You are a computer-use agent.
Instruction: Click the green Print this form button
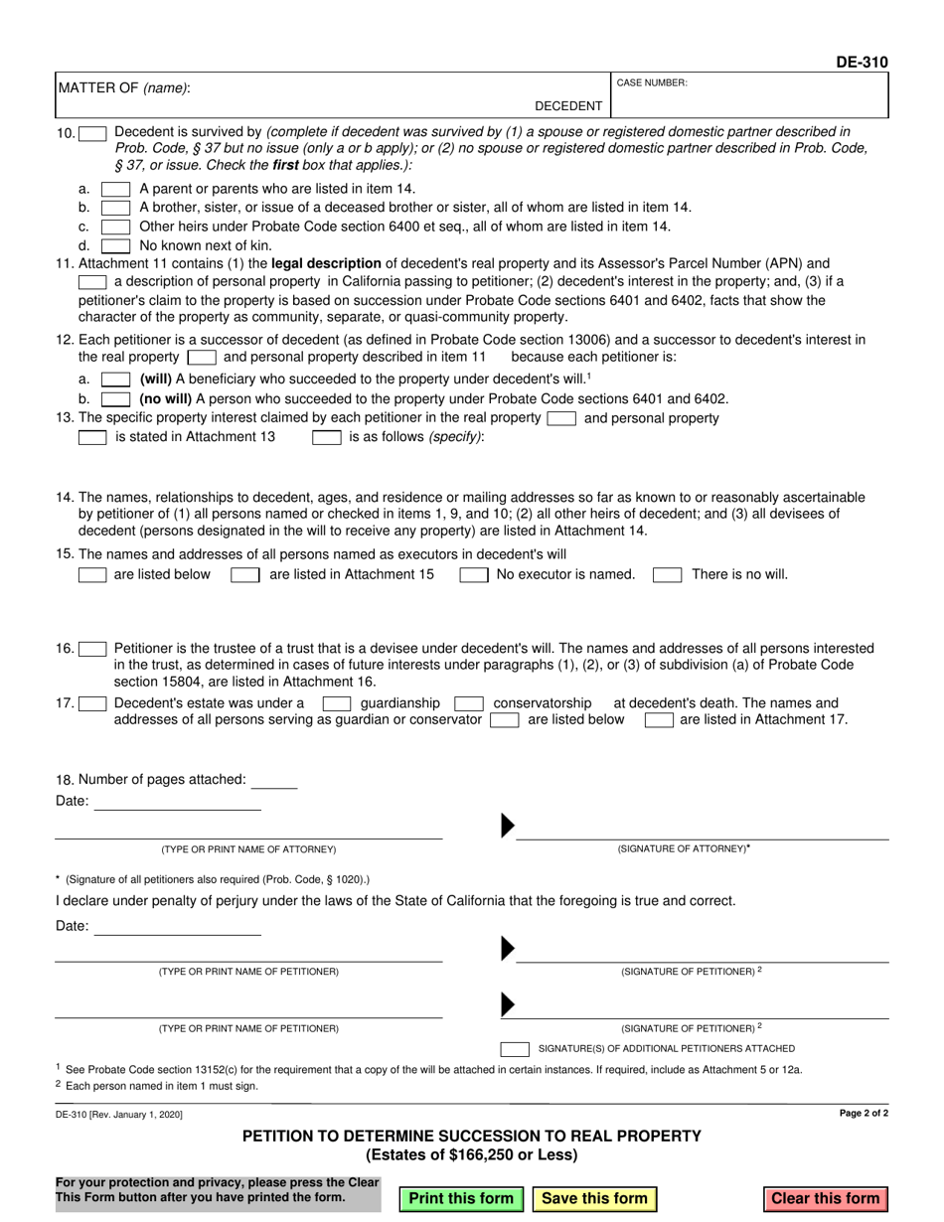[461, 1198]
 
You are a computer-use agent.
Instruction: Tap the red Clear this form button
[825, 1198]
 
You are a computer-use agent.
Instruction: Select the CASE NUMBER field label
[652, 83]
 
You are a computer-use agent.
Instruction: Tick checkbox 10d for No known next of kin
[115, 245]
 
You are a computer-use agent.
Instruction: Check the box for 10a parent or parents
[115, 189]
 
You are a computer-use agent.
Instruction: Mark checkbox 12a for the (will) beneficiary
[115, 380]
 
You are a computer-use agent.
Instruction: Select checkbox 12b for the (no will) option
[115, 398]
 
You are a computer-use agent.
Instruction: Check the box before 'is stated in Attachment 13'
[92, 437]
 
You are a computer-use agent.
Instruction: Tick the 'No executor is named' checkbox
[473, 574]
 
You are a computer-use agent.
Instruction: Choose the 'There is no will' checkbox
[667, 574]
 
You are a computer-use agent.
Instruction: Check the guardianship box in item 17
[337, 703]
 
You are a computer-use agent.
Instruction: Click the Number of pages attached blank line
[275, 781]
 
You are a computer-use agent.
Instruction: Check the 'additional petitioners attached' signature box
[515, 1048]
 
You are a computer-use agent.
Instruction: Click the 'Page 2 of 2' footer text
[864, 1114]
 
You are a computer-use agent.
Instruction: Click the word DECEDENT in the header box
[568, 106]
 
